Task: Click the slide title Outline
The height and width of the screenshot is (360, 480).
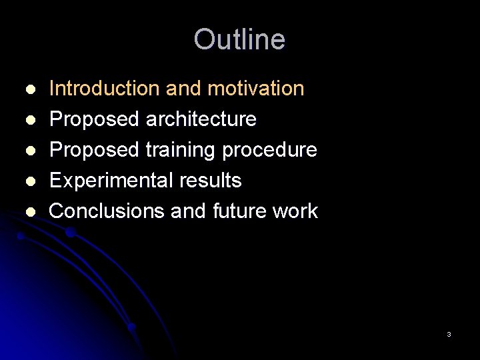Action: [239, 39]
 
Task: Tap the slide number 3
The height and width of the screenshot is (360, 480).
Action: [449, 334]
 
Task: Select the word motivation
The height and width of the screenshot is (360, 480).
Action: [256, 88]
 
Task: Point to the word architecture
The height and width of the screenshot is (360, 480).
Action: [201, 119]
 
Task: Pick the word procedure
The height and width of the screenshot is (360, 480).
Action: [269, 150]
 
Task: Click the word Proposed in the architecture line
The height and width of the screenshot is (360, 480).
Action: [94, 119]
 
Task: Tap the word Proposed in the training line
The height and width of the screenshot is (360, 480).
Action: [94, 150]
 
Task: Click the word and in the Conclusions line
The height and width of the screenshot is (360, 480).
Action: [189, 211]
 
